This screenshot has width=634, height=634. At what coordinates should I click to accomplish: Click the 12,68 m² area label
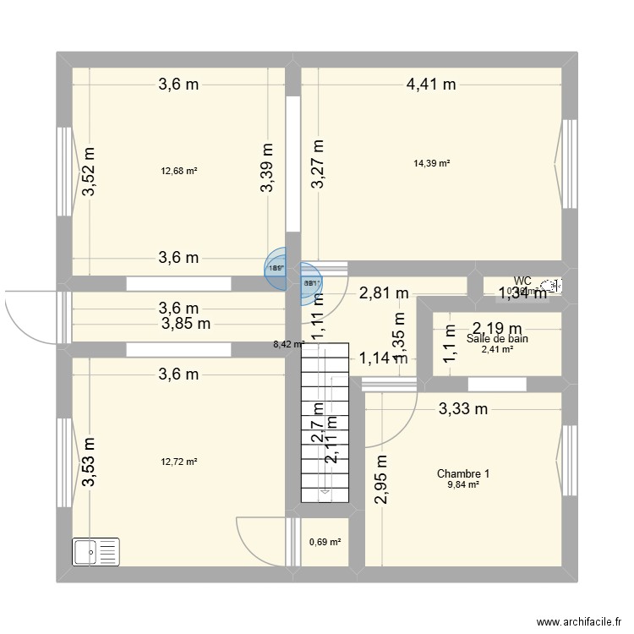pyautogui.click(x=179, y=171)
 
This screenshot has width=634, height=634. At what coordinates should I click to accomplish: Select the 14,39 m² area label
pyautogui.click(x=432, y=163)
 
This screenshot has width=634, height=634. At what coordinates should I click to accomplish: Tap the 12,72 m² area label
pyautogui.click(x=179, y=462)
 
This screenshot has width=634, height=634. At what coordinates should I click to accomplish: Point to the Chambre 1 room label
pyautogui.click(x=463, y=474)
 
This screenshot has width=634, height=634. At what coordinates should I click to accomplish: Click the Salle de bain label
pyautogui.click(x=497, y=339)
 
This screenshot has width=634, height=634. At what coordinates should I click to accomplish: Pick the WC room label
pyautogui.click(x=522, y=281)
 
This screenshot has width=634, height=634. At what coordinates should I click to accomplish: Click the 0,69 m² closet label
pyautogui.click(x=325, y=542)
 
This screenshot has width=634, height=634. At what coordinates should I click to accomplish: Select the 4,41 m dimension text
pyautogui.click(x=431, y=84)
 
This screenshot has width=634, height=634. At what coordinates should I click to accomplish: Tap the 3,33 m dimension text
pyautogui.click(x=463, y=410)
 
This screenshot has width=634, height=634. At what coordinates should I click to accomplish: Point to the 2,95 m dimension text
pyautogui.click(x=382, y=480)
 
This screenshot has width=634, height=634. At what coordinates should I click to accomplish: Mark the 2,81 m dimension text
pyautogui.click(x=385, y=294)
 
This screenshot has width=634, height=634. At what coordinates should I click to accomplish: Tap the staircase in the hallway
pyautogui.click(x=324, y=423)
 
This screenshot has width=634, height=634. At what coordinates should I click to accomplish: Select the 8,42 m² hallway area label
pyautogui.click(x=288, y=344)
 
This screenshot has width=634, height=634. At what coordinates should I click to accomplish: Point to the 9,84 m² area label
pyautogui.click(x=463, y=485)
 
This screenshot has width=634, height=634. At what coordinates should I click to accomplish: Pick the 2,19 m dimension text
pyautogui.click(x=498, y=328)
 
